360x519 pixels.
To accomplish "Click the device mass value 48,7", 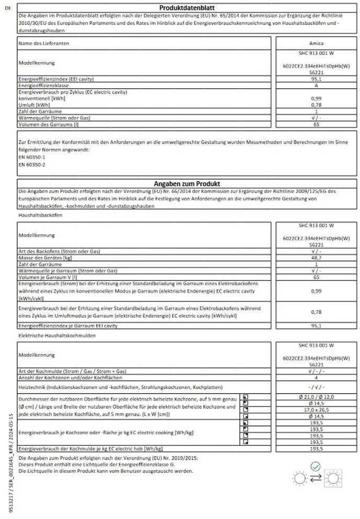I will coord(315,257).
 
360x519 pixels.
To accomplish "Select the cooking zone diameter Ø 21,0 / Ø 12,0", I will coord(315,397).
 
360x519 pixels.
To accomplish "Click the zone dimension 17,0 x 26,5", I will coord(315,410).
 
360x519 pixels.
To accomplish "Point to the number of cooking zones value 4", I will coord(315,376).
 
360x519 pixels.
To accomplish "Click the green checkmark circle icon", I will coord(315,466).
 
